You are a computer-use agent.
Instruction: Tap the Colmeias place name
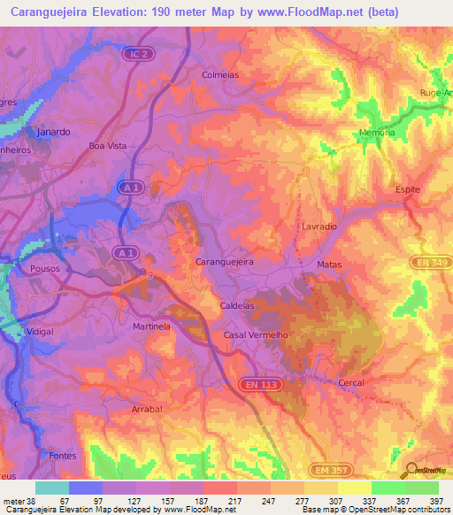[220, 75]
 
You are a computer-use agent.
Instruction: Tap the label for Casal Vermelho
[256, 335]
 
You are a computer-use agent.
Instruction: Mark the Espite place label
[407, 190]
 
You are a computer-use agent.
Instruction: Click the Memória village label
[377, 133]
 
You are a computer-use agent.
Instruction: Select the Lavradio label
[318, 227]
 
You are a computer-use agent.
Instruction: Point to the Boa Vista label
[108, 146]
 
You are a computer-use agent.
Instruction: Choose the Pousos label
[44, 265]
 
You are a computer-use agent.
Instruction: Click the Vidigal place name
[41, 331]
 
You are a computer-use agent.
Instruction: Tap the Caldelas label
[236, 305]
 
